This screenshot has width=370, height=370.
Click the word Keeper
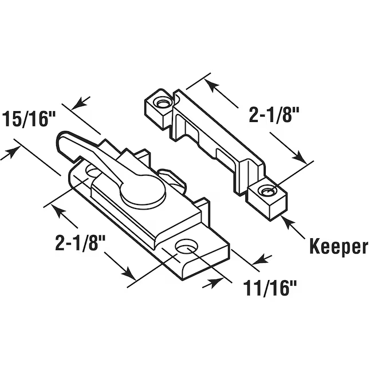338,246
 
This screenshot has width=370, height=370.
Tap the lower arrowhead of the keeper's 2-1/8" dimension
299,156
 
